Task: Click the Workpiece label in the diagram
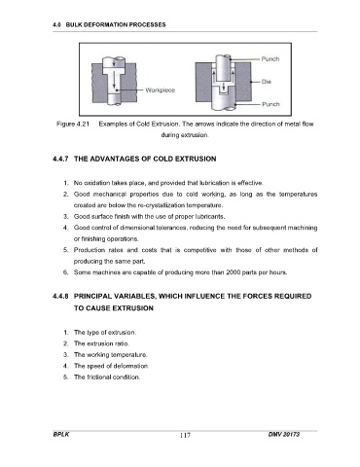[161, 90]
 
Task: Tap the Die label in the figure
[267, 82]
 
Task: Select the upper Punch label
[270, 59]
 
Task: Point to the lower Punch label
[270, 104]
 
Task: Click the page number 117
[185, 435]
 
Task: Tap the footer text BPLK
[61, 434]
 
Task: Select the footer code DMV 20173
[284, 434]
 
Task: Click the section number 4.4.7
[60, 159]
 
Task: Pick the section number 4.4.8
[60, 296]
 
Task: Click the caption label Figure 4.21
[73, 124]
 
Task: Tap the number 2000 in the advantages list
[234, 272]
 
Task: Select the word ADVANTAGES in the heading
[115, 159]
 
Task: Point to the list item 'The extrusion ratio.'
[101, 343]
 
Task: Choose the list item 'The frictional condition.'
[107, 377]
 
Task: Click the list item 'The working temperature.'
[111, 355]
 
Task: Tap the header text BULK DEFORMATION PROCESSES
[116, 24]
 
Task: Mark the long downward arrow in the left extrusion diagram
[114, 80]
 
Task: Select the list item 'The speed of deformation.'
[112, 366]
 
